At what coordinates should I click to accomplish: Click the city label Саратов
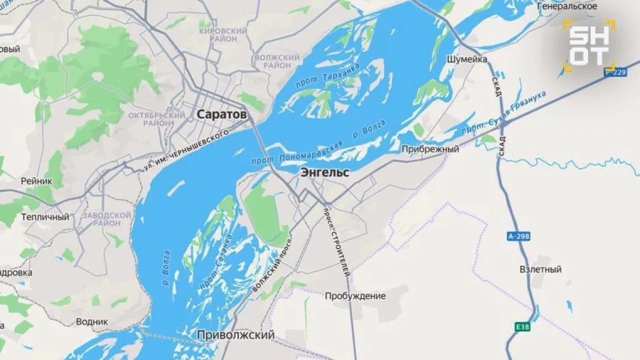222,114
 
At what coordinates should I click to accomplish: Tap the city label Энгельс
324,173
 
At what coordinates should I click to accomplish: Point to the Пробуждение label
356,295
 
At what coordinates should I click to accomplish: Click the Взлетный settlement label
540,270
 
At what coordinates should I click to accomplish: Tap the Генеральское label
567,6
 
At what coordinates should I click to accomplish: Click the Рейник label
36,181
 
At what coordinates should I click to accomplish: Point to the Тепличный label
46,217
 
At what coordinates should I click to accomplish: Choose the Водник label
92,322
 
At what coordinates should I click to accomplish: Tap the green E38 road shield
523,327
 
